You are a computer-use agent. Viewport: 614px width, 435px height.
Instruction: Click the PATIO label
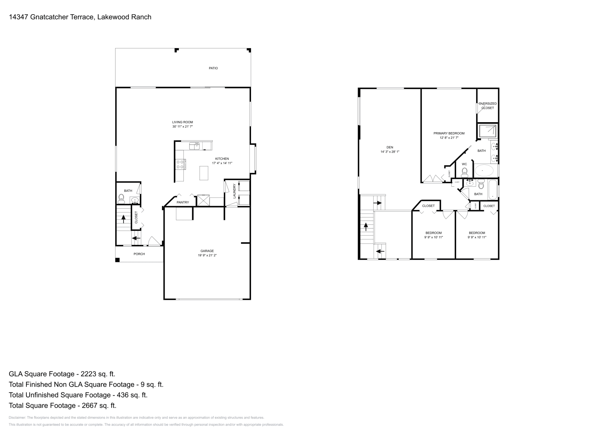pos(213,68)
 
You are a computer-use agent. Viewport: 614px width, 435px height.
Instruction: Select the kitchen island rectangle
pos(204,173)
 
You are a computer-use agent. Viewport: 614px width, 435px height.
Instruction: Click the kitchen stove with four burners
pos(180,164)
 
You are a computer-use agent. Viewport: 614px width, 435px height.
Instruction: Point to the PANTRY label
pos(183,203)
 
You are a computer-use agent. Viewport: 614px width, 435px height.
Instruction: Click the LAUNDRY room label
pos(234,191)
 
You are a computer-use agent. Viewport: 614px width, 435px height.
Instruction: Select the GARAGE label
pos(207,251)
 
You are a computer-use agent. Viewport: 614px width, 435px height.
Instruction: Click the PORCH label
pos(139,254)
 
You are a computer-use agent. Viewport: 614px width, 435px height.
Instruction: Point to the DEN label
pos(390,147)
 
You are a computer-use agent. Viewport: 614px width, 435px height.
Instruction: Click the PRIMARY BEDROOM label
pos(449,133)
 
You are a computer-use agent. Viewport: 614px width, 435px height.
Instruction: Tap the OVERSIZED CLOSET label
pos(487,106)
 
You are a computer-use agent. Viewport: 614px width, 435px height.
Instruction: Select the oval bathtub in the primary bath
pos(485,170)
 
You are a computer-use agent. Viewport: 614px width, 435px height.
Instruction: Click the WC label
pos(464,164)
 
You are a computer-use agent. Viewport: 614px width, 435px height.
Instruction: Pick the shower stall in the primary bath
pos(487,131)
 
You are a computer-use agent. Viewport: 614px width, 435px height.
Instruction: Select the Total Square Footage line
pos(62,405)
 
